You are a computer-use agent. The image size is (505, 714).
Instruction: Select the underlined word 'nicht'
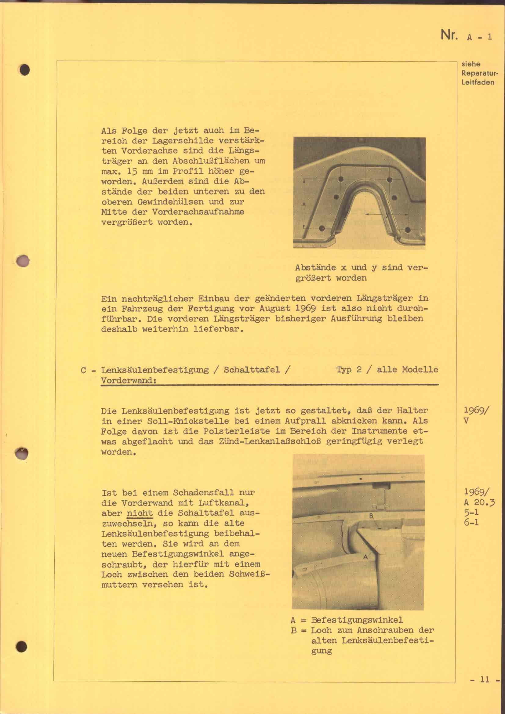point(140,513)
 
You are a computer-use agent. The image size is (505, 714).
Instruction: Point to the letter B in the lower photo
point(371,516)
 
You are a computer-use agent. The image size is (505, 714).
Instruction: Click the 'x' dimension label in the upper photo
point(304,204)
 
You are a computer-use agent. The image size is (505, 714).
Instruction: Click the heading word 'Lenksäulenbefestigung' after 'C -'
point(154,370)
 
